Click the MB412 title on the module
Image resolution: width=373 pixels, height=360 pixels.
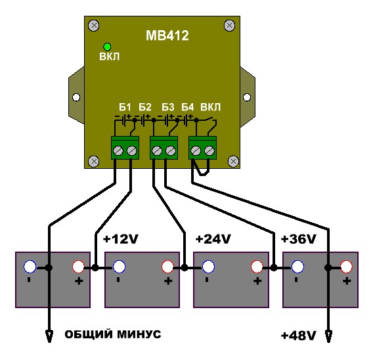coord(167,35)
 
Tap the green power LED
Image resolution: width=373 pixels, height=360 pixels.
coord(107,47)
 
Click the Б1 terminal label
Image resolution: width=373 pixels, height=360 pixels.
coord(125,107)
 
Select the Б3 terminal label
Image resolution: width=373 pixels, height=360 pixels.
coord(168,107)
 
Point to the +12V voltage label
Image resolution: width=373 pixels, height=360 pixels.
coord(121,239)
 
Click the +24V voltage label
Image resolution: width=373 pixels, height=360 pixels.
coord(213,239)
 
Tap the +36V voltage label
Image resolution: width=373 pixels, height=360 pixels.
coord(298,239)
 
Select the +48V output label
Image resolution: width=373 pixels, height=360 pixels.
coord(298,336)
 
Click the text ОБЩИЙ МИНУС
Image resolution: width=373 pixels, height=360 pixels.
coord(113,334)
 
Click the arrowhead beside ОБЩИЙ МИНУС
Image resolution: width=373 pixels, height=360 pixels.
coord(49,336)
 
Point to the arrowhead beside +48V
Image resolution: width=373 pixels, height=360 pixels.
coord(328,336)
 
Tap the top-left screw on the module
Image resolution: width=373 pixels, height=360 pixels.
coord(94,26)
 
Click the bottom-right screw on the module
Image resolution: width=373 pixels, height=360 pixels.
coord(233,161)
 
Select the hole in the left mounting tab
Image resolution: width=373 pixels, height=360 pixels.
coord(76,97)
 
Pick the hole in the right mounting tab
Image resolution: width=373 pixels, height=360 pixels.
coord(247,97)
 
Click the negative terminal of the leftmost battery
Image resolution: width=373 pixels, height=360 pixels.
coord(30,267)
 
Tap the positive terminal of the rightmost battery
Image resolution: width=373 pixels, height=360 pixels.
coord(346,267)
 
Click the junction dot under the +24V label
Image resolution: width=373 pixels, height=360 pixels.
coord(185,267)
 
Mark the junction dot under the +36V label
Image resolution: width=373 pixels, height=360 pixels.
coord(274,267)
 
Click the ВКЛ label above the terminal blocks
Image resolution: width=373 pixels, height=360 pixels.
coord(211,107)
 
